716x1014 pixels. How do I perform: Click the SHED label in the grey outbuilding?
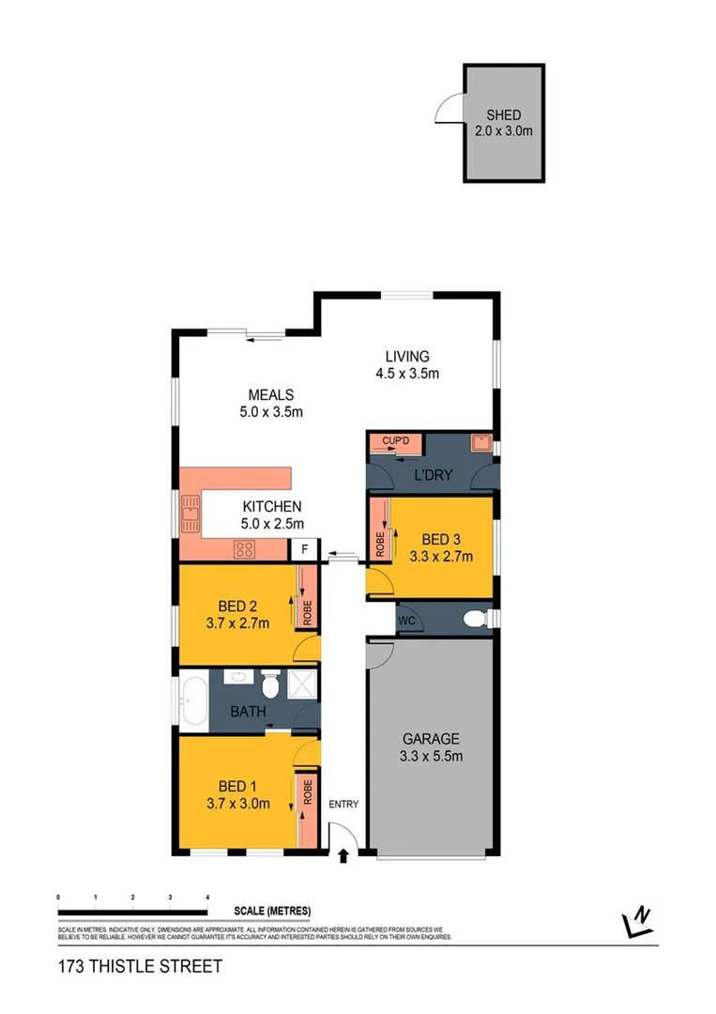[x=503, y=116]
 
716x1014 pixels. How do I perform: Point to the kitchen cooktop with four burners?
[x=246, y=550]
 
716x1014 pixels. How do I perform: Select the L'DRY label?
[x=434, y=476]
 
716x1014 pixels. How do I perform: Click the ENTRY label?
[x=343, y=804]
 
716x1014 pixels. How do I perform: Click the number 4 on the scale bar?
[x=206, y=899]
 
